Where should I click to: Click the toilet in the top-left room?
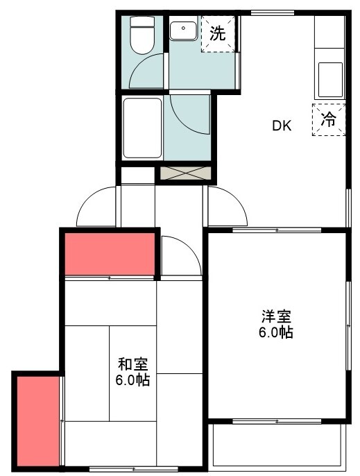[143, 35]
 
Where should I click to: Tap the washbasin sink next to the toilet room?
[184, 32]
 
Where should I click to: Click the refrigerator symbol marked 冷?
[328, 119]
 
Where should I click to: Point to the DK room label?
[281, 126]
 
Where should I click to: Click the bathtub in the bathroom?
[142, 128]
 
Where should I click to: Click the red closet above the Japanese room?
[110, 254]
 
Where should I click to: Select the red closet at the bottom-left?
[37, 420]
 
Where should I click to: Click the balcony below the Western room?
[277, 444]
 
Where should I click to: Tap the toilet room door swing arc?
[146, 74]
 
